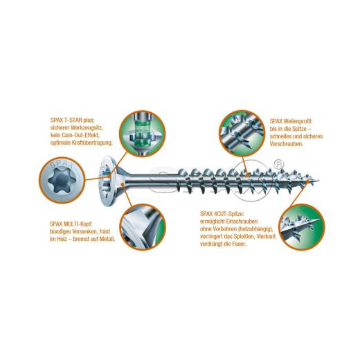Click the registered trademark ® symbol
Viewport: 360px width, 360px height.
pos(278,164)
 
